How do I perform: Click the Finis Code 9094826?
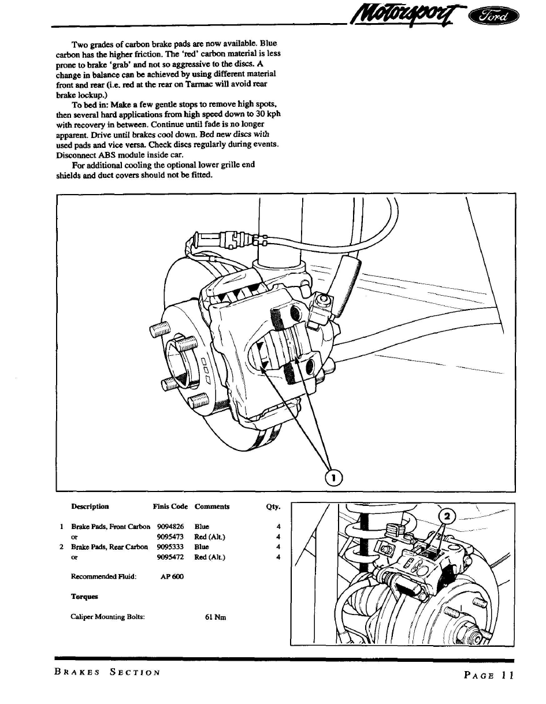[170, 527]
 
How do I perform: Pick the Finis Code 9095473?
[170, 537]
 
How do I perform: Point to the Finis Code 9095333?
[170, 547]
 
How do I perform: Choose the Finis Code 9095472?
[170, 557]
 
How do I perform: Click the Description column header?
[90, 506]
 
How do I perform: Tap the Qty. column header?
[273, 507]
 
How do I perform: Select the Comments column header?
[212, 506]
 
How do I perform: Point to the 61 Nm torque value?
[216, 617]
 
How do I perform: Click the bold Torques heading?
[84, 597]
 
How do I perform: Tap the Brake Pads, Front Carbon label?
[110, 527]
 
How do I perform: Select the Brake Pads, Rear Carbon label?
[109, 547]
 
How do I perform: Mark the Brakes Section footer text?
[107, 672]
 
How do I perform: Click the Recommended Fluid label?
[103, 576]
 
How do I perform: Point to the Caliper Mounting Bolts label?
[107, 617]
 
